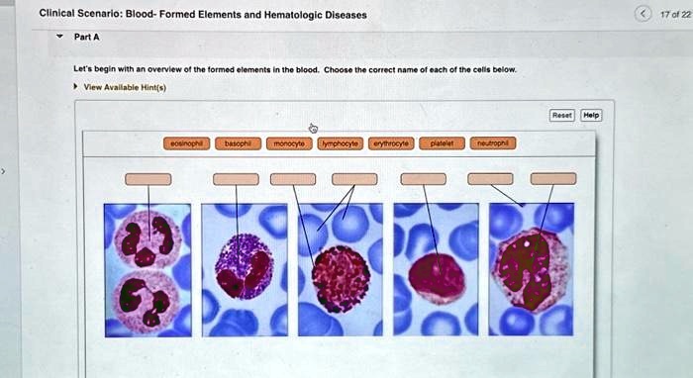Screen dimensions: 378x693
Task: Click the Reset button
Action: [561, 115]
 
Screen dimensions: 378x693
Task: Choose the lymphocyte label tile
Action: [340, 143]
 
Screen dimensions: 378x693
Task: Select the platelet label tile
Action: [441, 143]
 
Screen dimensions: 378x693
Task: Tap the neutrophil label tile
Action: [492, 143]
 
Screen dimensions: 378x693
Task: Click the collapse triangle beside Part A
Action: [60, 39]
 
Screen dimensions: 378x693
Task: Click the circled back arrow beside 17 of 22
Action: [645, 14]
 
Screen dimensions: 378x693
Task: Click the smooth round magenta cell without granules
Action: [436, 278]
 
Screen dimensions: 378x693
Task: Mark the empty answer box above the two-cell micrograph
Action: [148, 179]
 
